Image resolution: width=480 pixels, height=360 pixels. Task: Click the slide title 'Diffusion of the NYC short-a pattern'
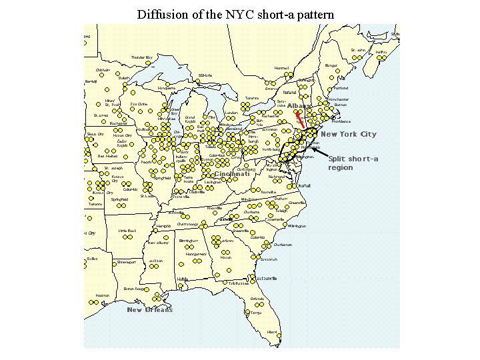coord(239,15)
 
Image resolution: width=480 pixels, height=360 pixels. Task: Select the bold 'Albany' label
coord(299,106)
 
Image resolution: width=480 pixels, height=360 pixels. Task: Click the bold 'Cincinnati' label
coord(231,175)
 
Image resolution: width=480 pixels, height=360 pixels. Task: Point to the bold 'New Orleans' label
coord(149,309)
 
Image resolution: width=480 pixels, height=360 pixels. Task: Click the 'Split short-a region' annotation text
coord(353,163)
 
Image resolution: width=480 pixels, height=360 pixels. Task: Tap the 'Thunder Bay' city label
coord(142,57)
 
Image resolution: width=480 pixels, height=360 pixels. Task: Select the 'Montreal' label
coord(281,68)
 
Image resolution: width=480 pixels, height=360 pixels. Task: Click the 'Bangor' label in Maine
coord(331,65)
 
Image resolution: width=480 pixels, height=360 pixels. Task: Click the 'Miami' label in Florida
coord(271,331)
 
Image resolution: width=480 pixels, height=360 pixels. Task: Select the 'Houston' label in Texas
coord(102,294)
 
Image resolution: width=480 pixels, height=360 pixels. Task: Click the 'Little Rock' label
coord(127,231)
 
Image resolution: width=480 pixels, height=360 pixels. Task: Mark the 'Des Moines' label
coord(107,156)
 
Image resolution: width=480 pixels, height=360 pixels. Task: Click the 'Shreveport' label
coord(126,262)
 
